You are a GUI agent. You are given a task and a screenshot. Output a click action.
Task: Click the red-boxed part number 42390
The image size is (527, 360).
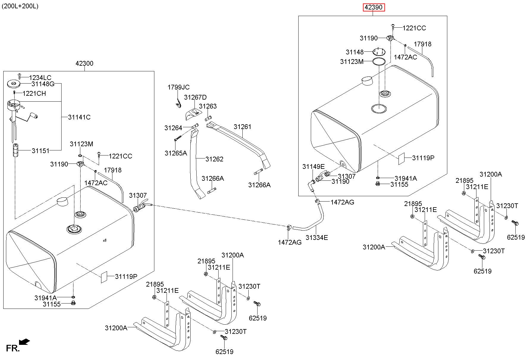coord(374,7)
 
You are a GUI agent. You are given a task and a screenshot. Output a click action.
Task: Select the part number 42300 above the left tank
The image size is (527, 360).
coord(84,63)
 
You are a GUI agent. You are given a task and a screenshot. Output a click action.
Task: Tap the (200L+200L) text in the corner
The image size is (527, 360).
coord(20,6)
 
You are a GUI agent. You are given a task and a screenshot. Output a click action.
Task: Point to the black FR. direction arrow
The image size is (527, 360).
coord(24,342)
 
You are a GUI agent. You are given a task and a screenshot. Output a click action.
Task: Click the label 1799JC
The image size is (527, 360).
coord(178,87)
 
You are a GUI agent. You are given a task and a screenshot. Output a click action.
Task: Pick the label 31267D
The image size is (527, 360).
coord(195,97)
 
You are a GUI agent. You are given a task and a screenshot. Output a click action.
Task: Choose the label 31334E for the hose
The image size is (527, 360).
coord(317,238)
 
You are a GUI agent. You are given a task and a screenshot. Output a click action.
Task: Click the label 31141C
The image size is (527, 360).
coord(79,117)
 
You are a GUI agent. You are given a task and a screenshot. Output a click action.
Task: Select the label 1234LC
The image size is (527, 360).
coord(40,78)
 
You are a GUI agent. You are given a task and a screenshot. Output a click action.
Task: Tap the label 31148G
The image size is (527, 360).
coord(43,84)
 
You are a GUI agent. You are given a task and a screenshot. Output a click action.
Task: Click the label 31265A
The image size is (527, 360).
coord(176,153)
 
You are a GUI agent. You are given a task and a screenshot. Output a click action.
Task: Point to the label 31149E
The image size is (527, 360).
coord(313,167)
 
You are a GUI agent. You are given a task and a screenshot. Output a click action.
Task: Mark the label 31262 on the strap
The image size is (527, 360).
coord(214,159)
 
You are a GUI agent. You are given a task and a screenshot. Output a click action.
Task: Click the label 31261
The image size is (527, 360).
coord(242,127)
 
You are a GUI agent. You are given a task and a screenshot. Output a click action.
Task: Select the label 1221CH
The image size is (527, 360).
coord(34,93)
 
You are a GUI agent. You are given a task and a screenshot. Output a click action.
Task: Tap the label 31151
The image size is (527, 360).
coord(41,151)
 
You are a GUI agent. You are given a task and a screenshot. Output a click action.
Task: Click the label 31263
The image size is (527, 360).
coord(208,106)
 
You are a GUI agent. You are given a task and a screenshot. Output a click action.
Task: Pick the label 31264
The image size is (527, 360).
coord(173,128)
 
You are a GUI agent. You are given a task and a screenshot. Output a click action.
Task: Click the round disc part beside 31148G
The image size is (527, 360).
coord(14,84)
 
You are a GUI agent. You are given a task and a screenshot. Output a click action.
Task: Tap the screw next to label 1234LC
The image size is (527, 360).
coord(20,76)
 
